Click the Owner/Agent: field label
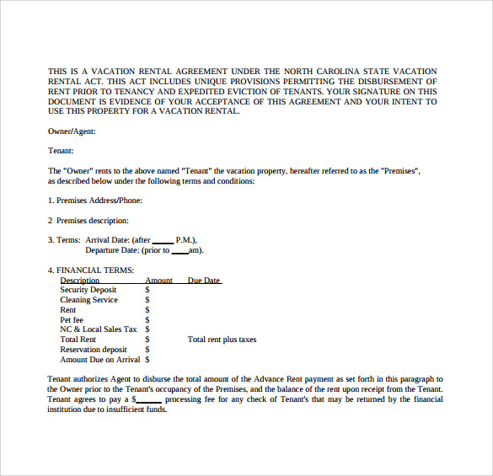(72, 131)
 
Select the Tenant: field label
(62, 151)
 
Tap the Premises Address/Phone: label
(94, 201)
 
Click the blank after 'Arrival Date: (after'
(163, 240)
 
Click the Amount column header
(158, 281)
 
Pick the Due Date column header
(204, 281)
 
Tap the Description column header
(80, 281)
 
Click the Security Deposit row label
(88, 290)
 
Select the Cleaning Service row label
(88, 300)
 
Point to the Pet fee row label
(72, 320)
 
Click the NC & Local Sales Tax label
(98, 329)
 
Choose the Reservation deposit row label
(94, 350)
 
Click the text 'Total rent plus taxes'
(222, 340)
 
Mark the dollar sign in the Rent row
(147, 310)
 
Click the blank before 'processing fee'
(148, 400)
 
